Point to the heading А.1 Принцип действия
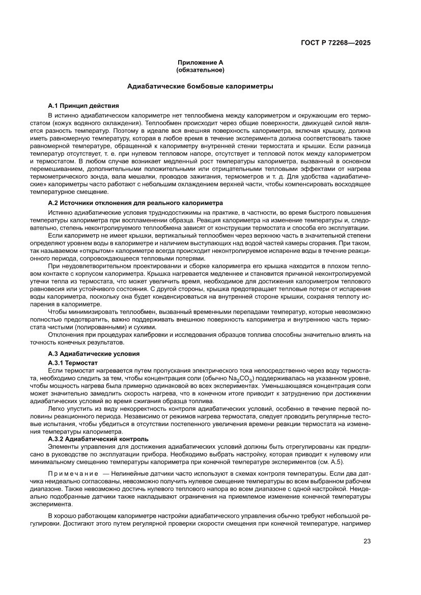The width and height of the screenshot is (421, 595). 83,106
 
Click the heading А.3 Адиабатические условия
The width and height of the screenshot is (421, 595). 94,353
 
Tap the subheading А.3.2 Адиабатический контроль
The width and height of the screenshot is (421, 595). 98,438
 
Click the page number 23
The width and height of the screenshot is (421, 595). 367,542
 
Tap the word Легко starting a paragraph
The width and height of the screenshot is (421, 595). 57,410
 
